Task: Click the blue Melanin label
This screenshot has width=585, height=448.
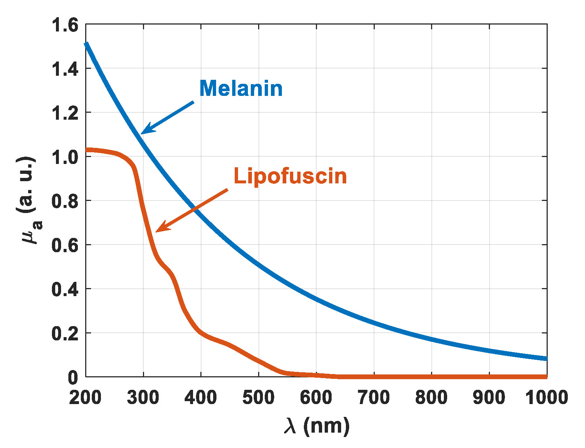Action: coord(241,89)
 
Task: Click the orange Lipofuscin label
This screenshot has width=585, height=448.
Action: coord(290,176)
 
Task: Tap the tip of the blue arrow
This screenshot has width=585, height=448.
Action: coord(141,134)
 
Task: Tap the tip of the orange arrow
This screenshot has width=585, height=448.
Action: coord(156,231)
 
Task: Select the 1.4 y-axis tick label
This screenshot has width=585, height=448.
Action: coord(65,69)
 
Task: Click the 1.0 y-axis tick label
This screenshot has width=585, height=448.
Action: coord(65,157)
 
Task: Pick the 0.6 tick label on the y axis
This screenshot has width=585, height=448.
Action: coord(65,245)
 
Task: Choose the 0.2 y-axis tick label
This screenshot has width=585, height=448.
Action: coord(65,333)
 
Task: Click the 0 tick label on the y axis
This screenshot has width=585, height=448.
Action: coord(73,378)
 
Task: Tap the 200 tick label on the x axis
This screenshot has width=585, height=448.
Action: coord(85,397)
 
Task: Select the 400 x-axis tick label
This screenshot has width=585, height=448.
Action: coord(201,397)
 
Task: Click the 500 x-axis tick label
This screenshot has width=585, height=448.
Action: coord(258,397)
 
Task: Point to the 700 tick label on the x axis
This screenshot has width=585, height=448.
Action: coord(374,397)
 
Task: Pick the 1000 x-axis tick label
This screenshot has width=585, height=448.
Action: coord(546,397)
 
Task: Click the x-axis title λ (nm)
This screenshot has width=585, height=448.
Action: coord(316,426)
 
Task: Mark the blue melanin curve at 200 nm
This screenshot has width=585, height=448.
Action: coord(86,44)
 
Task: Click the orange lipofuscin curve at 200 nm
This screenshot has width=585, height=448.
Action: coord(87,150)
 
